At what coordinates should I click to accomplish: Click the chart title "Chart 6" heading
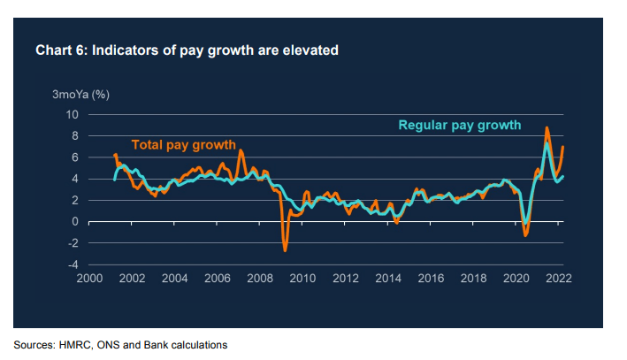tap(187, 50)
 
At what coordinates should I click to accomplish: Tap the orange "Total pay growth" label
tap(184, 145)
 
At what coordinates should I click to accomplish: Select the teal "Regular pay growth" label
tap(460, 125)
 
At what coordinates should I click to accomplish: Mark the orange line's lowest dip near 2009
tap(285, 250)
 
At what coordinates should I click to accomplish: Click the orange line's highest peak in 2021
tap(547, 128)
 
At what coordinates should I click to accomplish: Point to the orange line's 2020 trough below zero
tap(525, 235)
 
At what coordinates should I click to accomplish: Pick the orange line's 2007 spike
tap(240, 151)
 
